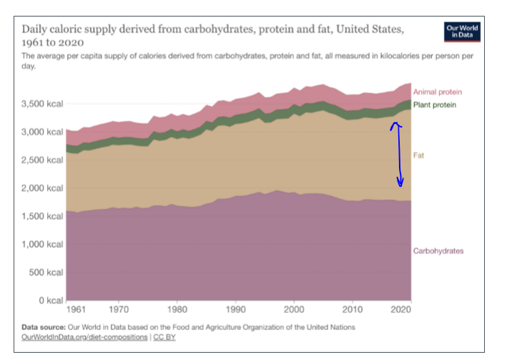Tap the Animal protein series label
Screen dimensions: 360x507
[x=437, y=92]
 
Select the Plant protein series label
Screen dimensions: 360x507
[x=435, y=105]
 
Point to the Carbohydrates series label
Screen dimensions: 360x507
[x=438, y=250]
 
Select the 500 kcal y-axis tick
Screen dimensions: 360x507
[x=47, y=273]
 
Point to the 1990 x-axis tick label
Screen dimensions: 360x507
[x=236, y=310]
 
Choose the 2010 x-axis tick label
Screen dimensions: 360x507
[x=353, y=310]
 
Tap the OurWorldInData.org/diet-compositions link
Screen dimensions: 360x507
[x=85, y=336]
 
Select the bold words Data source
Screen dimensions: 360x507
[x=46, y=327]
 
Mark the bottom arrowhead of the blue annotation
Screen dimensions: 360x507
[x=400, y=183]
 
